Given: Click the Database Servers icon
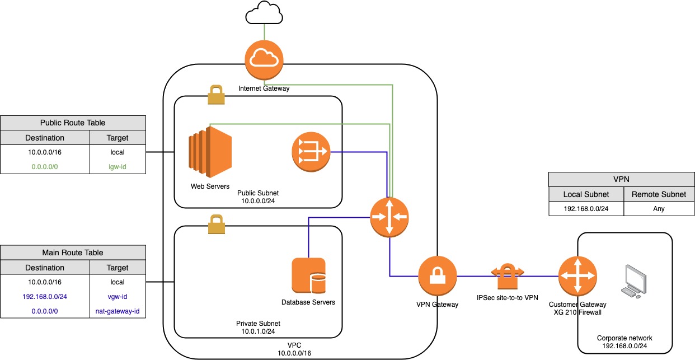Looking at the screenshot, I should point(308,275).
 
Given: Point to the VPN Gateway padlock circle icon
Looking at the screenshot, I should point(438,276).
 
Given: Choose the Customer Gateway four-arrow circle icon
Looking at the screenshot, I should point(577,276).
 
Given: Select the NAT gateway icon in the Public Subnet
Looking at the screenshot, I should point(310,152).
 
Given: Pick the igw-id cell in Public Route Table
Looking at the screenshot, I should point(118,166).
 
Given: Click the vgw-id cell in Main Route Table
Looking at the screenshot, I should point(118,297).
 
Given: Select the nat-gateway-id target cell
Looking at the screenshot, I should point(118,311).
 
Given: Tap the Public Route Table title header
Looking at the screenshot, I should point(73,123).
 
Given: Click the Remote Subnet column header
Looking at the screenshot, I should point(659,194).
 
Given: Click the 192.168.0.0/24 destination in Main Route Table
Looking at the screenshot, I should point(45,297).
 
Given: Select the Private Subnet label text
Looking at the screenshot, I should point(258,324).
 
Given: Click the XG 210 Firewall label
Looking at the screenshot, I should point(577,312).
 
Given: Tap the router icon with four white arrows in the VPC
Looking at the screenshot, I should point(389,217).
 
